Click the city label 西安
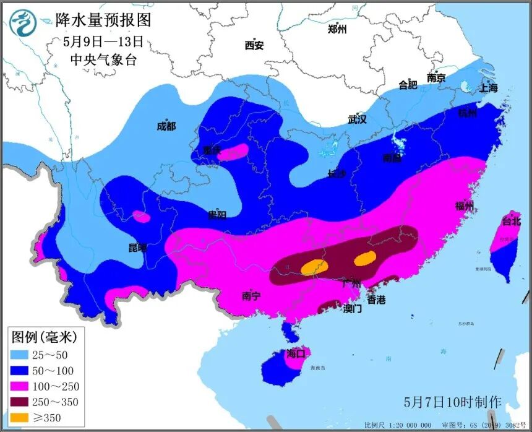254,45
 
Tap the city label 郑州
337,29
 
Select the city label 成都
166,126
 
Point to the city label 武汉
358,119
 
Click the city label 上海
488,88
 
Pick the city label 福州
464,206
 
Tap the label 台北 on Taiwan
512,220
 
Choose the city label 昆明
138,248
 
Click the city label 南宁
251,296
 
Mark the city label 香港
376,300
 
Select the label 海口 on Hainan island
296,354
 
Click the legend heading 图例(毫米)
44,337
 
